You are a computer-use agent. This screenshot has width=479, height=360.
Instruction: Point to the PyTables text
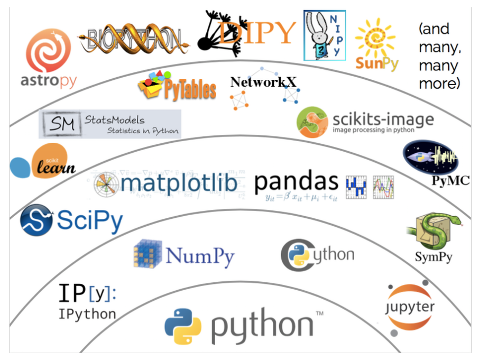point(187,89)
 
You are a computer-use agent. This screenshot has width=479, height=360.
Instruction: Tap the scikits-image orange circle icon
point(311,122)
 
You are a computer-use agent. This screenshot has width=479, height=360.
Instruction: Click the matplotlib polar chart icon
point(106,185)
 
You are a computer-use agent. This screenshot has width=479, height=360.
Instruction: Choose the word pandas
point(296,182)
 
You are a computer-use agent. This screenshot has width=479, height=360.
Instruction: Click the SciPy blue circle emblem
point(36,221)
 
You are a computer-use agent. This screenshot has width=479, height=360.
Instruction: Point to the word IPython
point(87,314)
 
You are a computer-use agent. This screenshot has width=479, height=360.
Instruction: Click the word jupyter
point(411,307)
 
